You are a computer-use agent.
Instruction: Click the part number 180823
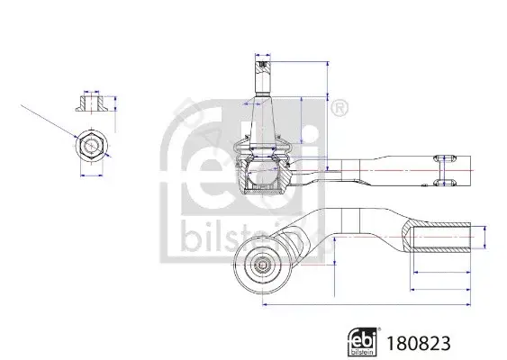click(419, 343)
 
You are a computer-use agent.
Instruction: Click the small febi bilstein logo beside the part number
click(363, 342)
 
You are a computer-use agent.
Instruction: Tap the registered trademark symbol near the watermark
click(340, 108)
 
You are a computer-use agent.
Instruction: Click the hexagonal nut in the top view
click(92, 146)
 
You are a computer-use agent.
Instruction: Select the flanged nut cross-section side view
click(92, 103)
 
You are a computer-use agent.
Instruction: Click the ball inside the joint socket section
click(263, 171)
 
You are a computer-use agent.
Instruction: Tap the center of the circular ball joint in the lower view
click(263, 265)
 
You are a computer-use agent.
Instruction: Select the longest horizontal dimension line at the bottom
click(367, 304)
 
